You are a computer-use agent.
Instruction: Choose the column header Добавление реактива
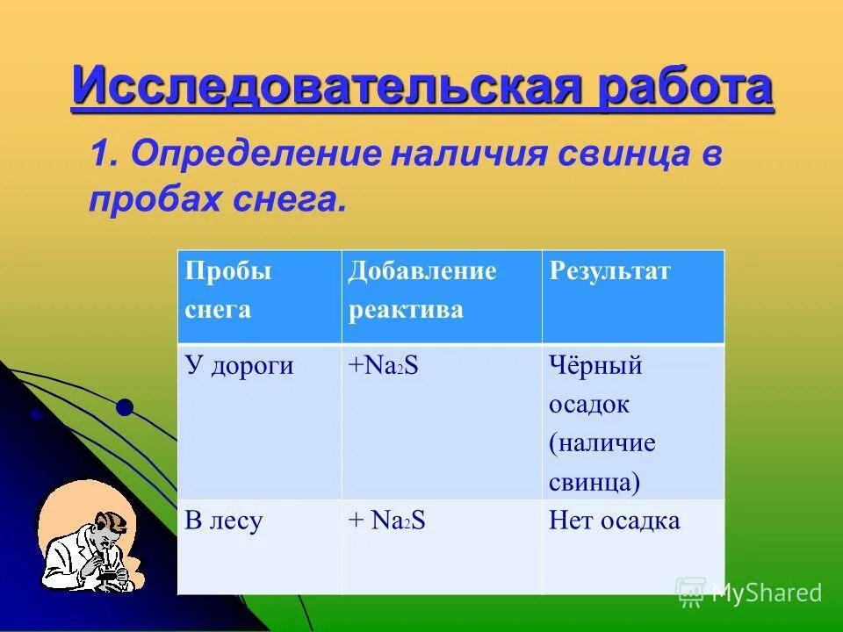click(421, 290)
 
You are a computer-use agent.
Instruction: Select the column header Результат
click(609, 271)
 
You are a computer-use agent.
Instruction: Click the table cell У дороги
click(239, 366)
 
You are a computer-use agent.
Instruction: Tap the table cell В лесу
click(224, 521)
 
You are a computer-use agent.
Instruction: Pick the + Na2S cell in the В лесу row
click(386, 521)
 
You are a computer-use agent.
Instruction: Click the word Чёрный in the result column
click(595, 366)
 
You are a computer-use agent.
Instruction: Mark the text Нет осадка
click(614, 521)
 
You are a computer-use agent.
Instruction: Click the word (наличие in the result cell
click(602, 443)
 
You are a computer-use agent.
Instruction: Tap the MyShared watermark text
click(766, 592)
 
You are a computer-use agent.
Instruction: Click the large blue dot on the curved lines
click(125, 406)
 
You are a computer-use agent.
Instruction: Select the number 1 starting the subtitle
click(101, 155)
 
